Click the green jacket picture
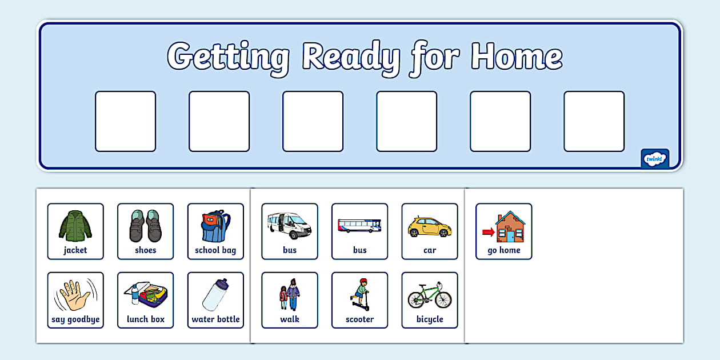point(75,226)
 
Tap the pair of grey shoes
point(145,226)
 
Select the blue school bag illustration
point(215,226)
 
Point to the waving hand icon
point(75,295)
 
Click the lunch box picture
point(145,295)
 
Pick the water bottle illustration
point(215,295)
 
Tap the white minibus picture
point(289,226)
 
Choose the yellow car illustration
point(430,227)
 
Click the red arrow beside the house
point(488,232)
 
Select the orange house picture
point(510,227)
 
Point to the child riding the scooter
point(359,295)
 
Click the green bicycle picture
point(430,295)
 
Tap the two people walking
point(289,295)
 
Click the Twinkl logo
point(655,159)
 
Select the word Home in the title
point(517,57)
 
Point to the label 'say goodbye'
point(75,319)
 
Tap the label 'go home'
point(504,250)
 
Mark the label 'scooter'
point(359,319)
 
